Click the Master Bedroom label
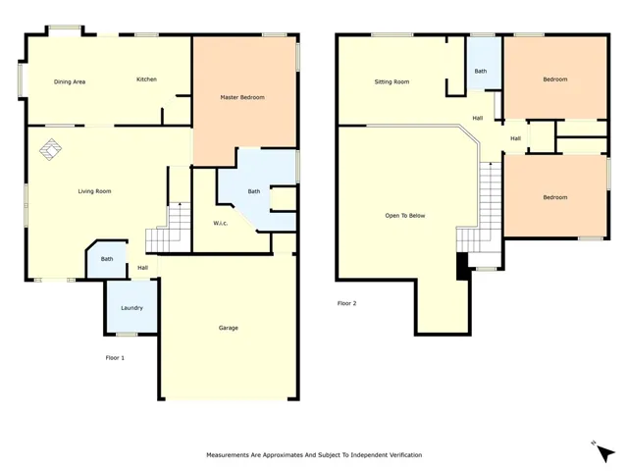tap(242, 97)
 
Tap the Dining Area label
tap(70, 81)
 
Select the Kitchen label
tap(146, 79)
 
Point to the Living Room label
tap(94, 191)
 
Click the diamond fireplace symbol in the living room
tap(50, 149)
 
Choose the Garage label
tap(229, 328)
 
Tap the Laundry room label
tap(131, 308)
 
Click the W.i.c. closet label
tap(220, 223)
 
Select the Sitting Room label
tap(392, 81)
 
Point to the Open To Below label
tap(405, 216)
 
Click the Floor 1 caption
tap(115, 357)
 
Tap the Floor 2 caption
tap(346, 303)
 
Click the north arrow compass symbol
tap(604, 452)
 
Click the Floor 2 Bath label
tap(481, 71)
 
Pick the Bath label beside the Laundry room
tap(107, 259)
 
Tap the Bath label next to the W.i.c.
tap(254, 191)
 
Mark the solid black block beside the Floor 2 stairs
tap(462, 266)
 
